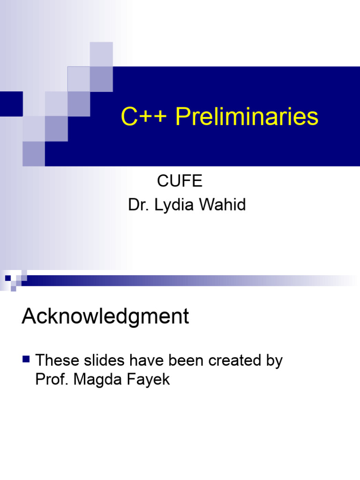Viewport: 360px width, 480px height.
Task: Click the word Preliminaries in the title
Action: point(247,117)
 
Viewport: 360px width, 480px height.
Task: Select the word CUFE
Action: point(180,181)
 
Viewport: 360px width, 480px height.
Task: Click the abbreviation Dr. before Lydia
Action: point(137,205)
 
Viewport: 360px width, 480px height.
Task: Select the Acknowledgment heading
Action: point(105,317)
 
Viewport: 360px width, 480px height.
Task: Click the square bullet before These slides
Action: point(26,360)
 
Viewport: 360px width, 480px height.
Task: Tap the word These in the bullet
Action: point(57,360)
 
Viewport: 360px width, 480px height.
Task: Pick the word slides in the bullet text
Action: point(101,360)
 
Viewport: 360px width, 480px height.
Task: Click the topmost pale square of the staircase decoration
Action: point(101,54)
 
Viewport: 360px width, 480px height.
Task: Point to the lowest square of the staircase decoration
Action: point(34,154)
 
